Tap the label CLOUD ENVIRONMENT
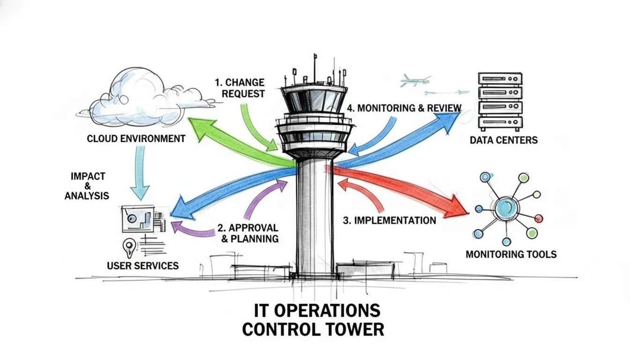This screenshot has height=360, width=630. (136, 139)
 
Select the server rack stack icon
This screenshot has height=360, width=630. (500, 101)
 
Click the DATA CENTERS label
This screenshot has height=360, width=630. (503, 140)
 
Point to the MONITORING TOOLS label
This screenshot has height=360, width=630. (511, 255)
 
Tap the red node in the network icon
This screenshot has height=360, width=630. (539, 218)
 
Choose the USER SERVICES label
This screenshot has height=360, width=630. (142, 266)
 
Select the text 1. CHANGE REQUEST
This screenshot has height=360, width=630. (240, 88)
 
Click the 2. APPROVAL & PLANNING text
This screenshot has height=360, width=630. (248, 233)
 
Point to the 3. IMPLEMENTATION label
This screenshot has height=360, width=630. (390, 220)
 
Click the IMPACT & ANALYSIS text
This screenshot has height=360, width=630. (87, 186)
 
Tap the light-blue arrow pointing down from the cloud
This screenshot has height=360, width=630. (139, 173)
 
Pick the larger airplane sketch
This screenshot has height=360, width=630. (415, 81)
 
